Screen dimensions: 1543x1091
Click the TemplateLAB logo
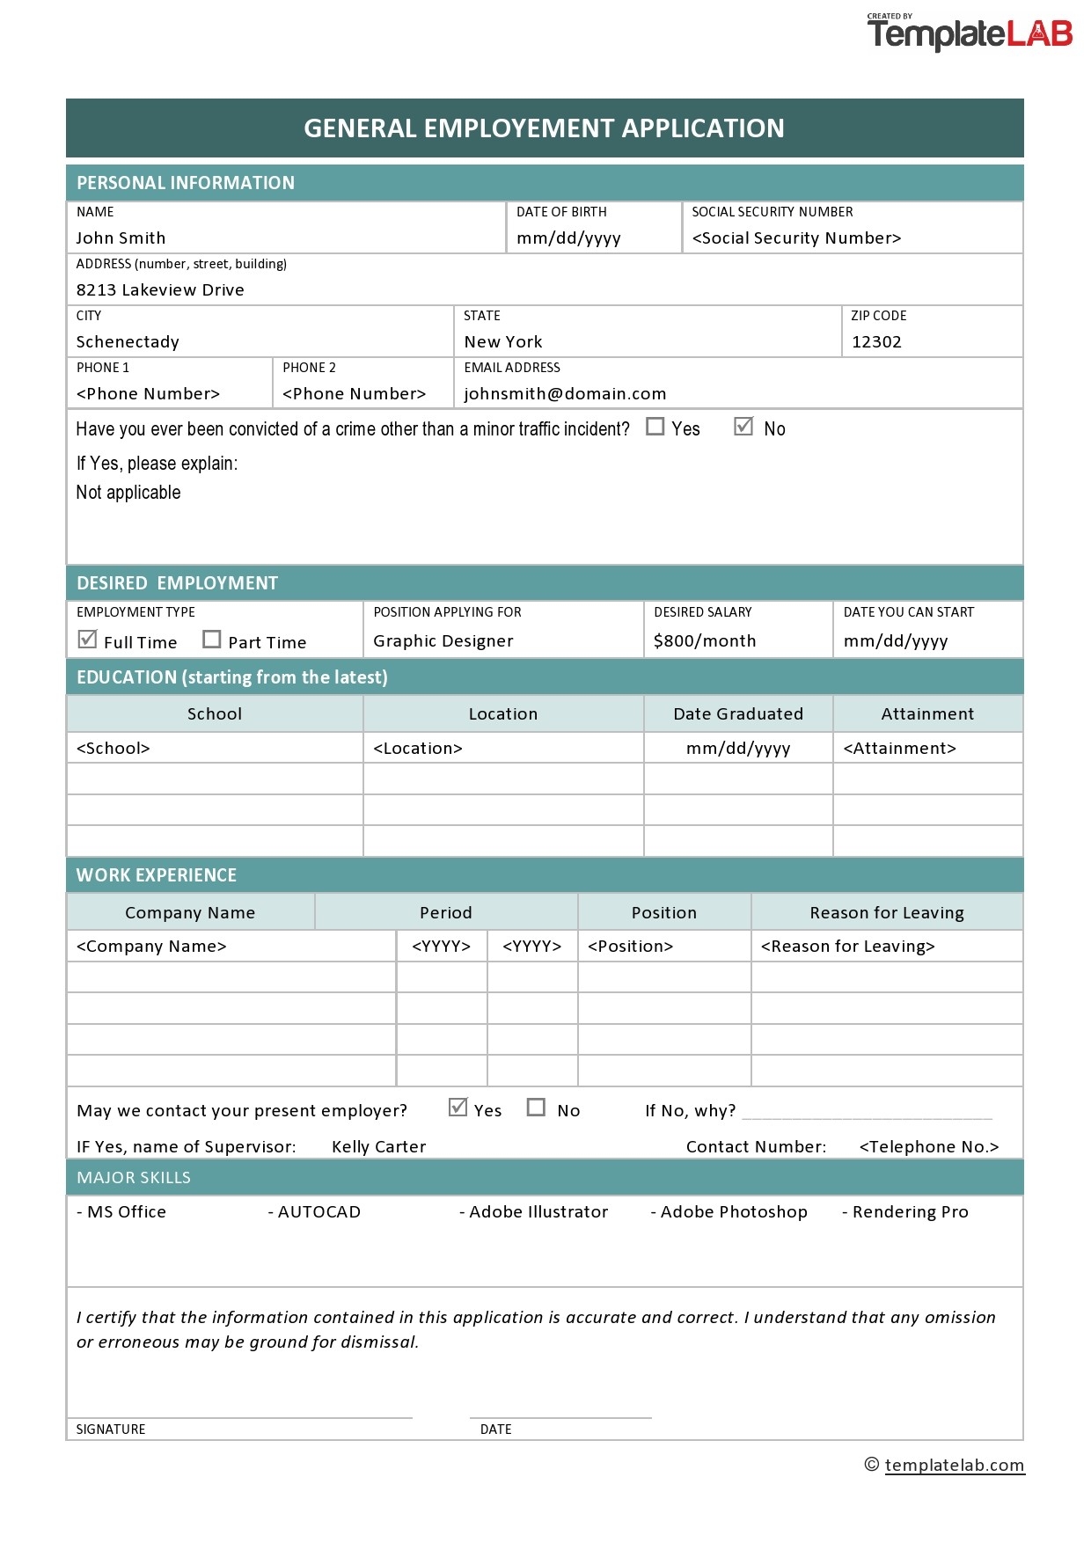tap(970, 33)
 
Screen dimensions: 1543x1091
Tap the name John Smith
tap(121, 238)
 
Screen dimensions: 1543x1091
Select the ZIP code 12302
tap(876, 342)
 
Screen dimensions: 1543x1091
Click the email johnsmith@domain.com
tap(565, 394)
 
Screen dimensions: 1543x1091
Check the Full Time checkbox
tap(87, 640)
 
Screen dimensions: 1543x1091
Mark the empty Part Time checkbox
tap(211, 640)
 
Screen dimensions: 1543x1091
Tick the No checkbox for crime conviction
tap(743, 427)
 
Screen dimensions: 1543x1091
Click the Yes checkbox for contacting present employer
tap(458, 1108)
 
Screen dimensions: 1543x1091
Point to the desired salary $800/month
tap(705, 641)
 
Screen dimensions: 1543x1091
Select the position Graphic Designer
tap(443, 641)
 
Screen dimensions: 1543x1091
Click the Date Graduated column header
tap(738, 714)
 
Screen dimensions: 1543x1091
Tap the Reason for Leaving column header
tap(887, 913)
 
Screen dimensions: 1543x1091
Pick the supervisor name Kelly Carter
tap(378, 1147)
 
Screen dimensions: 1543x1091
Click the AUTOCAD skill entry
tap(315, 1212)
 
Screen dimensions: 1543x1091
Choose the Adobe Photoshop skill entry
tap(729, 1212)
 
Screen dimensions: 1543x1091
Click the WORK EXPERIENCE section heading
tap(157, 875)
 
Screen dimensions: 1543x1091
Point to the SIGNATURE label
tap(111, 1430)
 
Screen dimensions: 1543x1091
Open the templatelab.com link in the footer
tap(954, 1466)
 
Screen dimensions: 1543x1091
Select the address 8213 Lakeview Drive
tap(160, 290)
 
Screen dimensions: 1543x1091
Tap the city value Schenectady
tap(128, 342)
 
